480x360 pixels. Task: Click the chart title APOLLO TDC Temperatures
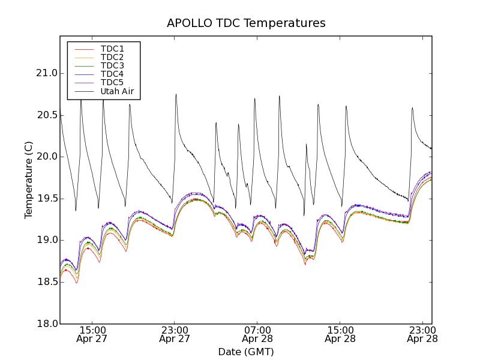click(x=246, y=23)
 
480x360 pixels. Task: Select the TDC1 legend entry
click(x=112, y=49)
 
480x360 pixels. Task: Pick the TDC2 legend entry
click(x=112, y=57)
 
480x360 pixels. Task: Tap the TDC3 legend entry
click(x=112, y=65)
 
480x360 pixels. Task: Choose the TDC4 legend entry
click(x=112, y=74)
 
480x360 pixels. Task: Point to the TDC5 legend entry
click(x=112, y=83)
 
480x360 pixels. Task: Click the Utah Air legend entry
click(x=116, y=92)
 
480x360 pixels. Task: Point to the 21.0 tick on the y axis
click(x=46, y=73)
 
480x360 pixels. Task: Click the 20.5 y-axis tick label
click(x=46, y=115)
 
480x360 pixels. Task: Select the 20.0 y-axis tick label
click(x=46, y=157)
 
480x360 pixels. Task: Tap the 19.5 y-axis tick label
click(x=46, y=199)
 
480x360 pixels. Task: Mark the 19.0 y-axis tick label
click(x=46, y=240)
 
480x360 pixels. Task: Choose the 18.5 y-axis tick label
click(x=46, y=282)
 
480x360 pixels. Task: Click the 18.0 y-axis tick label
click(x=46, y=324)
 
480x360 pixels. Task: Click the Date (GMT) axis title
click(x=246, y=352)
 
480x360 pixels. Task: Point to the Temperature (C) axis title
click(x=29, y=180)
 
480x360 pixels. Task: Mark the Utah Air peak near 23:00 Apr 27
click(x=176, y=94)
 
